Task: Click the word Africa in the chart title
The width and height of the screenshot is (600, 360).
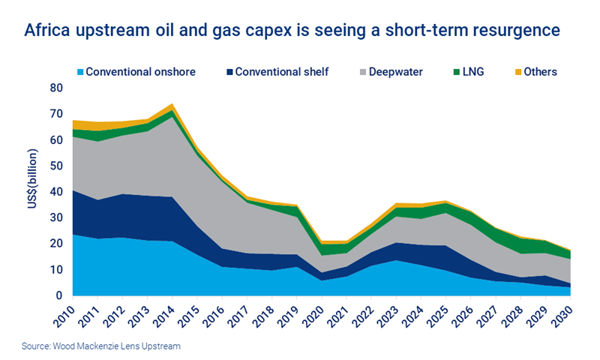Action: pyautogui.click(x=47, y=31)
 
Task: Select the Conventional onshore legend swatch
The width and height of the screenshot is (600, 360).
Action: pyautogui.click(x=78, y=73)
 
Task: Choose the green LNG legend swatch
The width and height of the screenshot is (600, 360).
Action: pyautogui.click(x=460, y=73)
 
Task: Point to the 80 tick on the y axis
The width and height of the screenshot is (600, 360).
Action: pyautogui.click(x=56, y=88)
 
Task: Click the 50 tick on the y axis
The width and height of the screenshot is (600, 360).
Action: pyautogui.click(x=56, y=166)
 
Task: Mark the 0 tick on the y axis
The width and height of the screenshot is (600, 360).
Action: pyautogui.click(x=59, y=295)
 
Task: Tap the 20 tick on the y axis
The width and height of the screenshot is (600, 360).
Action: pyautogui.click(x=56, y=244)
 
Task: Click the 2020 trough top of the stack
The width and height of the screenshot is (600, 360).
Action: pyautogui.click(x=322, y=241)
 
